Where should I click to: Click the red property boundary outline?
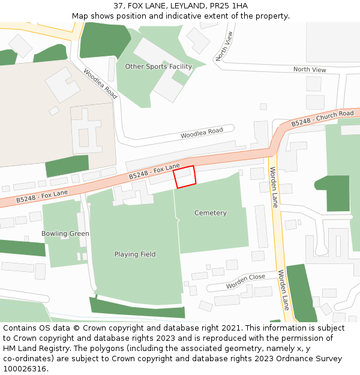tap(184, 177)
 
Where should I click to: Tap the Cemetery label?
tap(211, 213)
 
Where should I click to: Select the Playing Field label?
tap(135, 254)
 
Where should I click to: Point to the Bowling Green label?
tap(65, 233)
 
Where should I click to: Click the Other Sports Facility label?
tap(158, 67)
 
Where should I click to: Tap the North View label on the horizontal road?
tap(310, 70)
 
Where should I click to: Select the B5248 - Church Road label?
tap(322, 118)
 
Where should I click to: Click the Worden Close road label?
tap(245, 282)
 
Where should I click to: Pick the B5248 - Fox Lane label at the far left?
tap(42, 196)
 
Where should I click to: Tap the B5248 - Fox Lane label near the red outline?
tap(154, 172)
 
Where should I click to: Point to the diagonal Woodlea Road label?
tap(100, 83)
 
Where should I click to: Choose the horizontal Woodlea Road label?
tap(202, 133)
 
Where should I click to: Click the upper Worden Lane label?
tap(274, 187)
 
